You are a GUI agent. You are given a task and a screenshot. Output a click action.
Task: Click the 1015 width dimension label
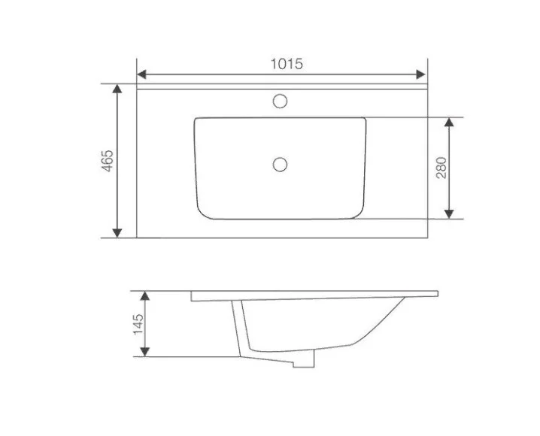tap(287, 64)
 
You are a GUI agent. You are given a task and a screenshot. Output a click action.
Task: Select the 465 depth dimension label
tap(108, 161)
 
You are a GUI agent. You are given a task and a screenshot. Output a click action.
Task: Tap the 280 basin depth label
tap(441, 168)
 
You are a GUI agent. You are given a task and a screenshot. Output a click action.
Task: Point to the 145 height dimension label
tap(138, 324)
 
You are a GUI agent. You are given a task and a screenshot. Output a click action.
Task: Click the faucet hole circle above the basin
tap(280, 101)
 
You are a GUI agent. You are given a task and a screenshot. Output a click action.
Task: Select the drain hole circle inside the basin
tap(280, 165)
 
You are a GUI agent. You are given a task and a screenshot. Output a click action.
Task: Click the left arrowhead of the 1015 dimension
tap(141, 74)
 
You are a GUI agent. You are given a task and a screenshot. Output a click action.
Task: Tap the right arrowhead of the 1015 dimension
tap(421, 74)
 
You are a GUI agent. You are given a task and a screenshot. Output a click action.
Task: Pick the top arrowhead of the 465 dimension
tap(117, 89)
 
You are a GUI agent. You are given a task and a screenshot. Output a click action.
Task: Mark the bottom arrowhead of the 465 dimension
tap(117, 232)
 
